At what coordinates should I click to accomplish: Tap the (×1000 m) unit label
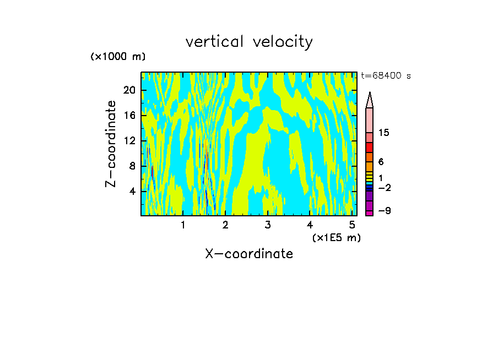click(118, 57)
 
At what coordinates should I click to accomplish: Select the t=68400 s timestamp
click(386, 76)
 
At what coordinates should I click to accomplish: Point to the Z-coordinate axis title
click(111, 144)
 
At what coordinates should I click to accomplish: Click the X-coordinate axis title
click(249, 254)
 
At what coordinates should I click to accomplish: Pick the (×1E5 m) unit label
click(336, 238)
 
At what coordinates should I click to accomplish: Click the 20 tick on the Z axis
click(129, 91)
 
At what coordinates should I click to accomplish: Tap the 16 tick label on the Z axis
click(129, 116)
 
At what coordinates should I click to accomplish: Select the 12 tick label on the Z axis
click(129, 141)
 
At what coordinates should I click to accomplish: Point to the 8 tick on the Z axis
click(132, 166)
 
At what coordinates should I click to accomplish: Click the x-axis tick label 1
click(183, 225)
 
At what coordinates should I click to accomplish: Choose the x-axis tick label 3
click(268, 225)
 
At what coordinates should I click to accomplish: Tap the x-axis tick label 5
click(352, 225)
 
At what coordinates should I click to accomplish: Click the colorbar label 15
click(384, 133)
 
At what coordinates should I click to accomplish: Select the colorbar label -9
click(384, 211)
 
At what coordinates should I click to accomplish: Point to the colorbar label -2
click(384, 188)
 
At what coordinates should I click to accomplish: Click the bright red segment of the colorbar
click(369, 148)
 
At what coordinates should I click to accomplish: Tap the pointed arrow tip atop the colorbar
click(370, 99)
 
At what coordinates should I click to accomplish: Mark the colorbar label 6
click(381, 162)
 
